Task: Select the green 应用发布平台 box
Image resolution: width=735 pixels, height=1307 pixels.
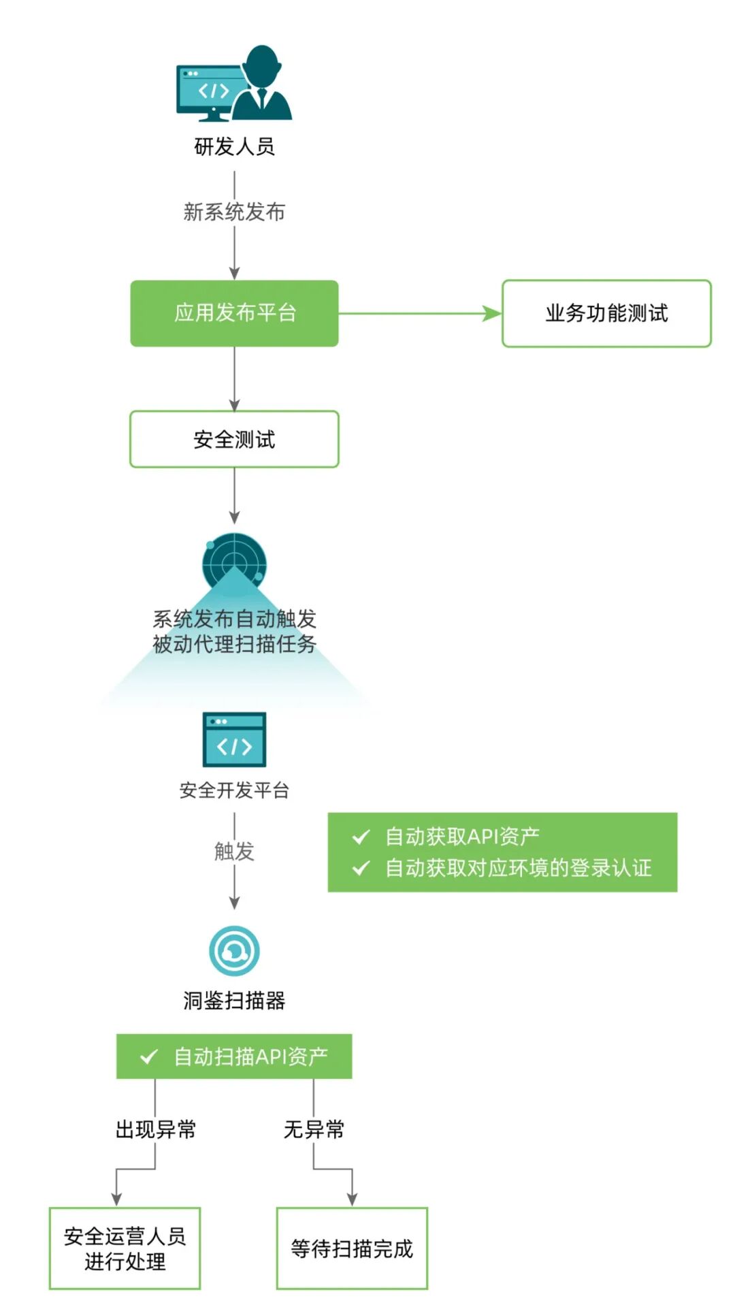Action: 234,313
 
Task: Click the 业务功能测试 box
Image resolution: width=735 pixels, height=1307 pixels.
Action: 606,313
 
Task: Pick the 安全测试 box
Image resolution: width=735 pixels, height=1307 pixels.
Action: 234,439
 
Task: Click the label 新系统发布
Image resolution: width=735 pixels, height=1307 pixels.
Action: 234,212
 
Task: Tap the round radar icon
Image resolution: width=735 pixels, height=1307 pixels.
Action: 234,562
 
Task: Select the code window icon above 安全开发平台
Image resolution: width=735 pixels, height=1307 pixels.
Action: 234,739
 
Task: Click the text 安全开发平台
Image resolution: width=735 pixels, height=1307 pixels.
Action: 234,790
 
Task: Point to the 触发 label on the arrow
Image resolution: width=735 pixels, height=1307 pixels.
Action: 234,851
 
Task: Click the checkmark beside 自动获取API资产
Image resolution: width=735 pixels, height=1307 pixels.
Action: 361,837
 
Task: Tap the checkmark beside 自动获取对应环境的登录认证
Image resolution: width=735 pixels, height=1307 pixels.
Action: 361,868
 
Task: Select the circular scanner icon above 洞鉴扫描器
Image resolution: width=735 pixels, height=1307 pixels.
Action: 234,951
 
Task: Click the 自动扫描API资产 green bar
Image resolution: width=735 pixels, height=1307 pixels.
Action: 234,1056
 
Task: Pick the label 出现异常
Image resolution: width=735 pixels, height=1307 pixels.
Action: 156,1130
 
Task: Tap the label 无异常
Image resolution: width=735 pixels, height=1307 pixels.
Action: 314,1130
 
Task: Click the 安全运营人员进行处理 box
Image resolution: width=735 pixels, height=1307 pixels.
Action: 125,1248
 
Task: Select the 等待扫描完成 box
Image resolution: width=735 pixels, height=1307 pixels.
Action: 352,1248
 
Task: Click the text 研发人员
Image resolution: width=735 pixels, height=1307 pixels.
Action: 234,146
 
